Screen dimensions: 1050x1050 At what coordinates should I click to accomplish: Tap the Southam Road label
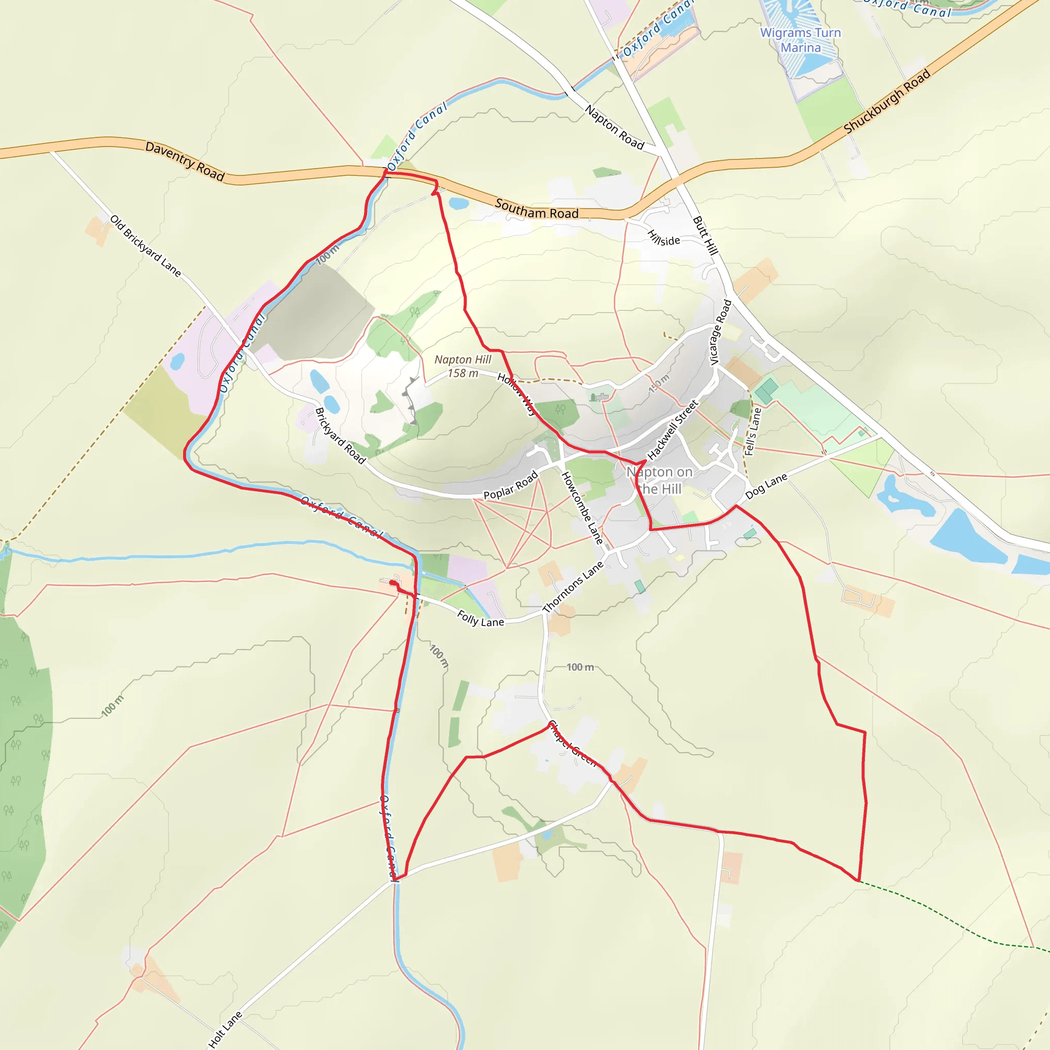[536, 209]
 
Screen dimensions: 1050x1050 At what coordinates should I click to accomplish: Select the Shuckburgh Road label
[886, 102]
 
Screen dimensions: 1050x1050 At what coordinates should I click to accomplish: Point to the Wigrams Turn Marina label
[800, 40]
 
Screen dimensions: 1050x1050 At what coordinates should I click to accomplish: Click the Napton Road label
[614, 127]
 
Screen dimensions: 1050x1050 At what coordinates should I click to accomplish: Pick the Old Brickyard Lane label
[145, 246]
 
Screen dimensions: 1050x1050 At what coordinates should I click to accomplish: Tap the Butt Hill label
[705, 235]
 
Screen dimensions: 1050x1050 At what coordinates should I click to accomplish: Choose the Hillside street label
[663, 237]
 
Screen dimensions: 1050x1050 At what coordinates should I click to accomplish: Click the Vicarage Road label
[721, 332]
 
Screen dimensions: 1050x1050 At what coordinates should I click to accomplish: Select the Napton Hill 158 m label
[462, 366]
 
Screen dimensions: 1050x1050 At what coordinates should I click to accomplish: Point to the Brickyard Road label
[340, 436]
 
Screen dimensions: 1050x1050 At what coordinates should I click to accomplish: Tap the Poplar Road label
[510, 485]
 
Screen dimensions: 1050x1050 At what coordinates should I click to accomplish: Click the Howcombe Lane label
[582, 508]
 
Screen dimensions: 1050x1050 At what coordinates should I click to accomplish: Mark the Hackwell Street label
[672, 430]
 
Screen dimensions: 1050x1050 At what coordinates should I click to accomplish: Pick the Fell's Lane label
[753, 432]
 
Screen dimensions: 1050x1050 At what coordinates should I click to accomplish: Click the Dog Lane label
[766, 486]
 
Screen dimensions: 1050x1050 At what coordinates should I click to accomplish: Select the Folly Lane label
[480, 618]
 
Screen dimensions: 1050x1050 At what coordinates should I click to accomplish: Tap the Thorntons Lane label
[573, 587]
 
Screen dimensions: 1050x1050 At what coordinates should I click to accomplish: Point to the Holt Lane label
[225, 1029]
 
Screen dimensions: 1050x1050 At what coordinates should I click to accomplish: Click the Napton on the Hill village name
[659, 480]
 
